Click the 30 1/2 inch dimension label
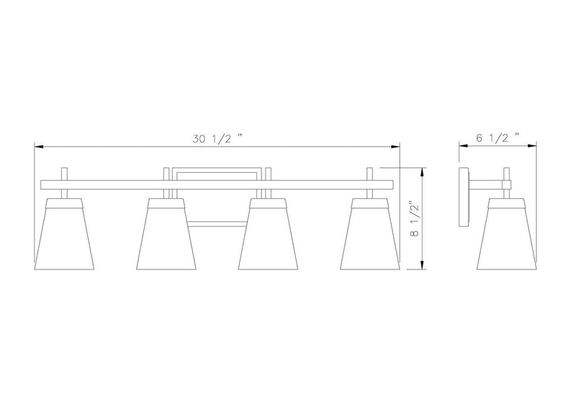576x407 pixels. tap(217, 138)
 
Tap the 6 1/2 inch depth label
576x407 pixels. tap(498, 138)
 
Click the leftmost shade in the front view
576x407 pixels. tap(64, 234)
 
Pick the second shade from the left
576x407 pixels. tap(166, 234)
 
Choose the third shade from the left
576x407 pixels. tap(268, 234)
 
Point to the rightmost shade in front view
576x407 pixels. tap(370, 234)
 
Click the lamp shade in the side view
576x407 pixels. tap(507, 234)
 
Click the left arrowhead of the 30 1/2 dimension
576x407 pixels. tap(39, 147)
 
